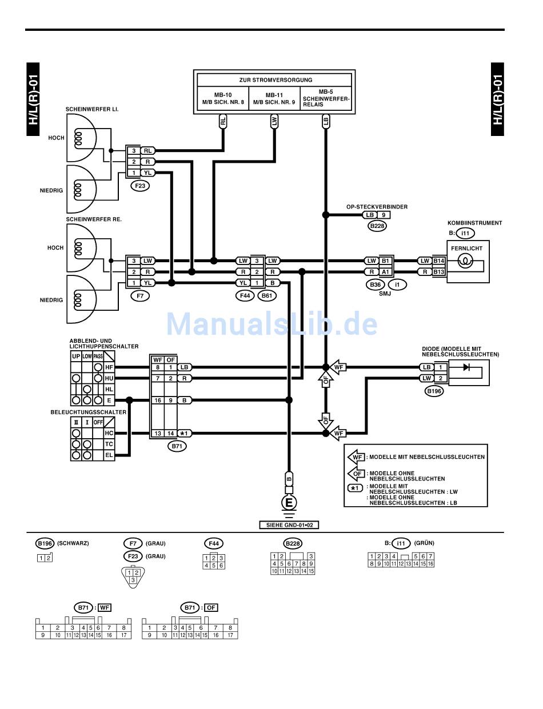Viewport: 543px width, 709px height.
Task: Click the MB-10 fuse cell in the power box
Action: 223,98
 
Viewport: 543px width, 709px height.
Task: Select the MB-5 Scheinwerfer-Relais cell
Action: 325,98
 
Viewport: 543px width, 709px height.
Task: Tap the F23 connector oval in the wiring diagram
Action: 140,186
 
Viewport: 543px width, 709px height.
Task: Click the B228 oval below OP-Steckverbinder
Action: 377,226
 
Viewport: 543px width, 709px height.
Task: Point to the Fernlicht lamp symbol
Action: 465,261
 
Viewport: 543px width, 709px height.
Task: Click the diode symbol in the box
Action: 466,367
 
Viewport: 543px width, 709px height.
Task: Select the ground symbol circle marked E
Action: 289,502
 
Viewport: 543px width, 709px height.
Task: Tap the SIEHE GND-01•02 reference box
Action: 289,525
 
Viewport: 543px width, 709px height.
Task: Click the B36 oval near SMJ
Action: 376,285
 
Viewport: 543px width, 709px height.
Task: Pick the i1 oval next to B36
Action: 397,285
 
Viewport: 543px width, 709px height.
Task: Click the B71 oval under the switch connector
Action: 177,446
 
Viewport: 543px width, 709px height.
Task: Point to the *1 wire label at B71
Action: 185,433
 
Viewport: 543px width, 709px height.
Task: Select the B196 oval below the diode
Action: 434,391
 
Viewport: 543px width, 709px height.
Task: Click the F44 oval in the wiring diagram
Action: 245,295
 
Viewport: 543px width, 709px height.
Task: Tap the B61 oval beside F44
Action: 267,295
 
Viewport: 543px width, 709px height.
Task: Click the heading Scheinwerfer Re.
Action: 94,219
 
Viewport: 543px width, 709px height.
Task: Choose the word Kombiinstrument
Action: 474,223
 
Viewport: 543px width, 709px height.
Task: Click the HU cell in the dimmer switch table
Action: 109,378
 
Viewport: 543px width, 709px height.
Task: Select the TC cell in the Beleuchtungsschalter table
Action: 109,444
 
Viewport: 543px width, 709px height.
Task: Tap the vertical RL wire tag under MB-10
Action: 223,121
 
